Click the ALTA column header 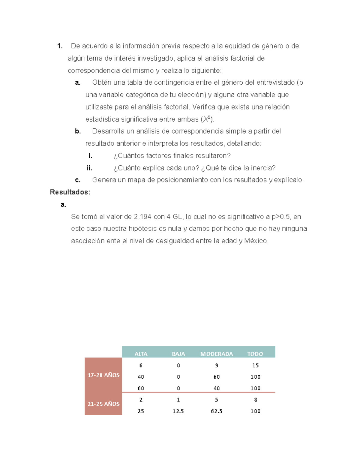141,354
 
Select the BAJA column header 178,354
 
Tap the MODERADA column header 216,354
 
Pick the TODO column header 255,354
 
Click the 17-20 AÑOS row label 103,375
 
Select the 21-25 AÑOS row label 103,404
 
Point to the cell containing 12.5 178,411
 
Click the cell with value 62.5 216,411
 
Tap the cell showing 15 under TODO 255,365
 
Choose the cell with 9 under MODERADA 216,365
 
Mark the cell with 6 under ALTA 141,365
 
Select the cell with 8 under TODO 255,400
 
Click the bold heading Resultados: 70,192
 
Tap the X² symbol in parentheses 206,119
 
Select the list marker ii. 89,168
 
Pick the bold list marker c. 78,180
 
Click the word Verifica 204,107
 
